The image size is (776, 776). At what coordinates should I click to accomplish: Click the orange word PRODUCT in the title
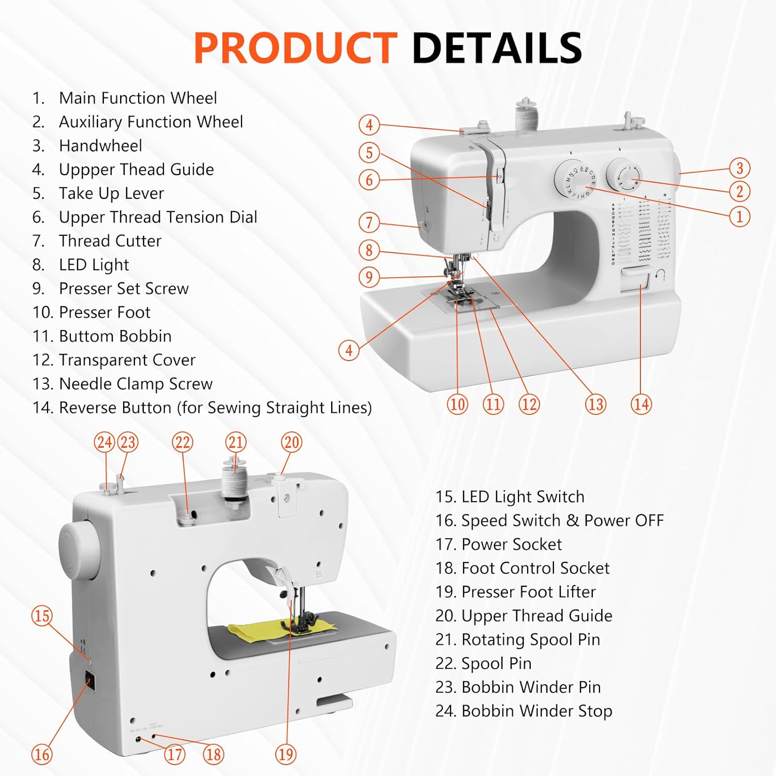pyautogui.click(x=295, y=48)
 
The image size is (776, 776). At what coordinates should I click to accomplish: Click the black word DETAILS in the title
pyautogui.click(x=497, y=48)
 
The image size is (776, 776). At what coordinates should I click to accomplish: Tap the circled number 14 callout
pyautogui.click(x=641, y=404)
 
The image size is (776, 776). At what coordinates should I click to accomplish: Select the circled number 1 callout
pyautogui.click(x=739, y=216)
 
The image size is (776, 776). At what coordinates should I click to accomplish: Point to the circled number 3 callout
pyautogui.click(x=739, y=168)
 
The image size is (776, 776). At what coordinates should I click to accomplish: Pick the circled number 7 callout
pyautogui.click(x=369, y=222)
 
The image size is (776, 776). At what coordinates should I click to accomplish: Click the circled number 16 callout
pyautogui.click(x=42, y=754)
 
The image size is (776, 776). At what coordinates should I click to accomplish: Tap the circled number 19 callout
pyautogui.click(x=286, y=754)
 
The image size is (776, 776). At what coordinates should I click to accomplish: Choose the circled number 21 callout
pyautogui.click(x=236, y=442)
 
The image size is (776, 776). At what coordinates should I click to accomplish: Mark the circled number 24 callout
pyautogui.click(x=105, y=442)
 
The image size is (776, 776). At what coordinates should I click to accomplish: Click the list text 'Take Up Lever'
pyautogui.click(x=111, y=193)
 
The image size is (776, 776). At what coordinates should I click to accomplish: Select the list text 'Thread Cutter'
pyautogui.click(x=110, y=241)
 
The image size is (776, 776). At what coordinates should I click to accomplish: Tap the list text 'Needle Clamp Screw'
pyautogui.click(x=136, y=384)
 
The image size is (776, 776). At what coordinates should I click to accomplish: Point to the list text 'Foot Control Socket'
pyautogui.click(x=535, y=568)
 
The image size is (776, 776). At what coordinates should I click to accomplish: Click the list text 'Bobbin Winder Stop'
pyautogui.click(x=536, y=711)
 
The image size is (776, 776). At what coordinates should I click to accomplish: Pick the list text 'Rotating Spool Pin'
pyautogui.click(x=530, y=639)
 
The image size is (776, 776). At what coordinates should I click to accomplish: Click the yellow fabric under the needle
pyautogui.click(x=248, y=630)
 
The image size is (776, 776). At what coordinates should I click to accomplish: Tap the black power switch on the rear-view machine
pyautogui.click(x=90, y=681)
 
